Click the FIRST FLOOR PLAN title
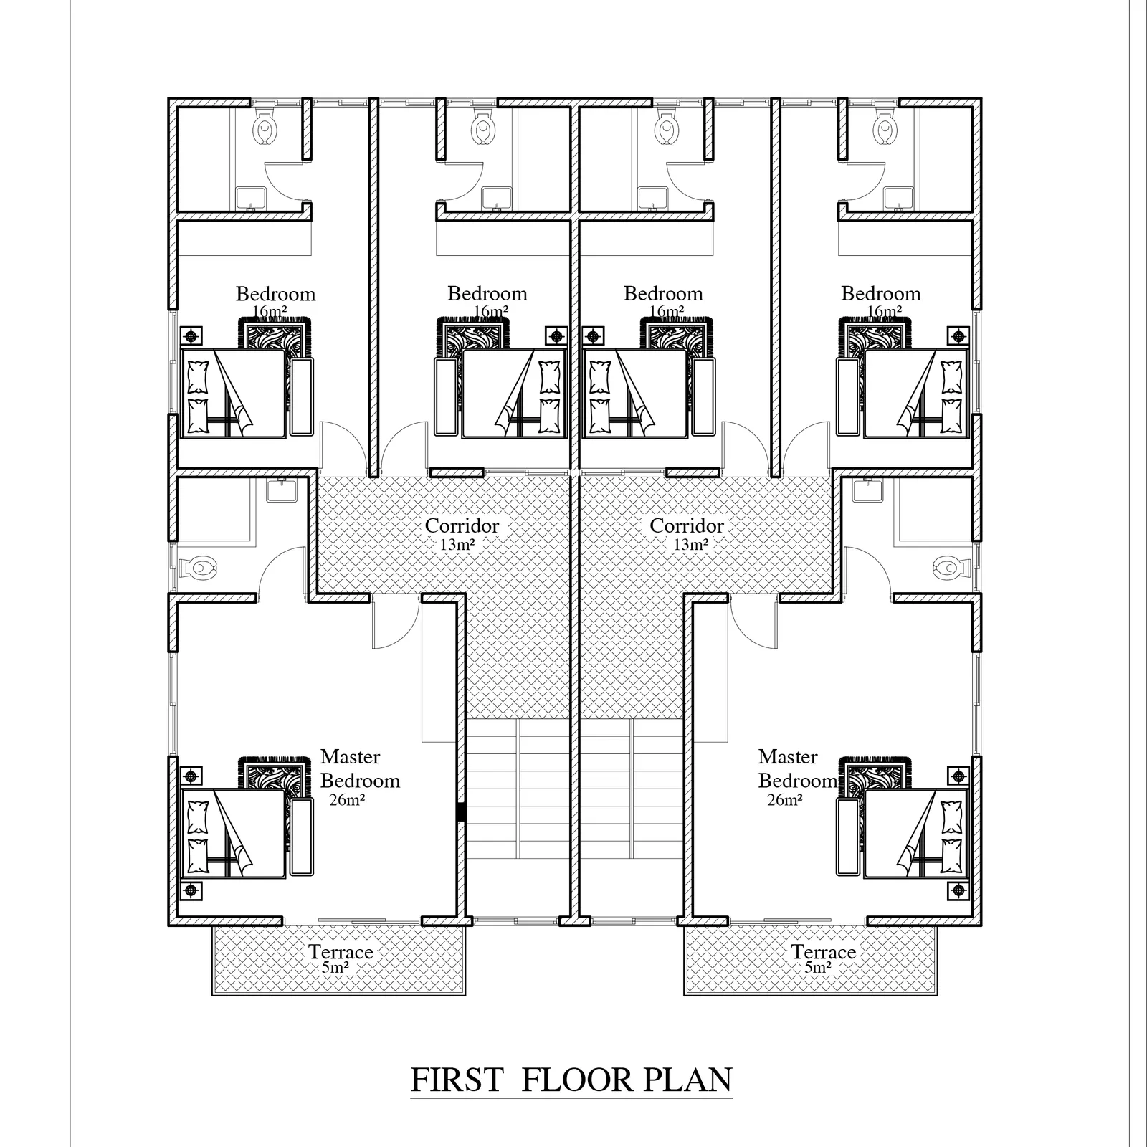click(x=571, y=1080)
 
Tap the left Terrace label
click(x=341, y=952)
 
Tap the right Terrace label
click(x=823, y=952)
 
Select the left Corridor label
click(x=462, y=525)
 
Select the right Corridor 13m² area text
click(x=690, y=545)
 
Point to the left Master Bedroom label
click(x=360, y=768)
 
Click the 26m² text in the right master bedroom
click(x=784, y=800)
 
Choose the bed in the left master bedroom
click(x=234, y=832)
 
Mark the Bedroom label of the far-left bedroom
click(x=275, y=294)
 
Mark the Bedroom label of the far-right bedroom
click(x=881, y=293)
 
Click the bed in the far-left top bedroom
click(x=234, y=393)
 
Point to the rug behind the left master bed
click(x=276, y=774)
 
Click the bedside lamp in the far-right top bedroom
click(x=958, y=335)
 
